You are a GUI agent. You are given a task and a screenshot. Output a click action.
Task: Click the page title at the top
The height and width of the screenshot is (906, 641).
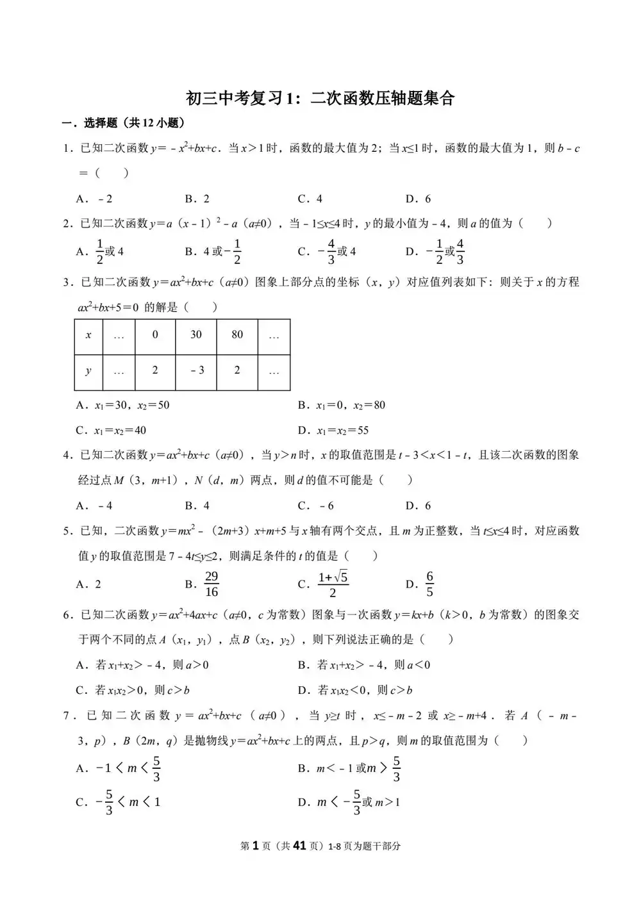tap(320, 98)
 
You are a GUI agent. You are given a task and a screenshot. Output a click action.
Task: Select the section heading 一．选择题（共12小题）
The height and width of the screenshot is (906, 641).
tap(123, 123)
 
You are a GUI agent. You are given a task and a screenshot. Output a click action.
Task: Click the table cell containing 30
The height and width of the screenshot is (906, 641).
tap(196, 334)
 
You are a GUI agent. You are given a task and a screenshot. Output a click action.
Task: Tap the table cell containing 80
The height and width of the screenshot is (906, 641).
tap(237, 334)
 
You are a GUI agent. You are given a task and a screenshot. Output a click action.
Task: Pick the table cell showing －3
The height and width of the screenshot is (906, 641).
tap(196, 370)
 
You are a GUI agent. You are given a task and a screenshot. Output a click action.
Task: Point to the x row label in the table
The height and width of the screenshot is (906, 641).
tap(88, 334)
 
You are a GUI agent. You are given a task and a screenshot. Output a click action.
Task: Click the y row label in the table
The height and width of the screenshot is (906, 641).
tap(88, 370)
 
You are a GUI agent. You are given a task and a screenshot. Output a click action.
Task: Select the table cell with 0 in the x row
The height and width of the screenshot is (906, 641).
tap(155, 334)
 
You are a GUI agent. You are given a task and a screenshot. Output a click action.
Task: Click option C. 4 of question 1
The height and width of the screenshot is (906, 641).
tap(310, 199)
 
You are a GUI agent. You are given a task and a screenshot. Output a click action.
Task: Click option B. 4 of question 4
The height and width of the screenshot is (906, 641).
tap(197, 506)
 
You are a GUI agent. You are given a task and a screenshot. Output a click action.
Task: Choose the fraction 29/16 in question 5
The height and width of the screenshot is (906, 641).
tap(212, 584)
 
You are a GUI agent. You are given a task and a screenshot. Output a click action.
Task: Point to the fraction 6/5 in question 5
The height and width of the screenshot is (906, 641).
tap(429, 584)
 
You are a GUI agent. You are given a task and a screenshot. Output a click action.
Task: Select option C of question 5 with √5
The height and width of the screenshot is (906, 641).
tap(333, 584)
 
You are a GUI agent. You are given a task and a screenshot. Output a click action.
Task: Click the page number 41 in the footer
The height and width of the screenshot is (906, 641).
tap(299, 846)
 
